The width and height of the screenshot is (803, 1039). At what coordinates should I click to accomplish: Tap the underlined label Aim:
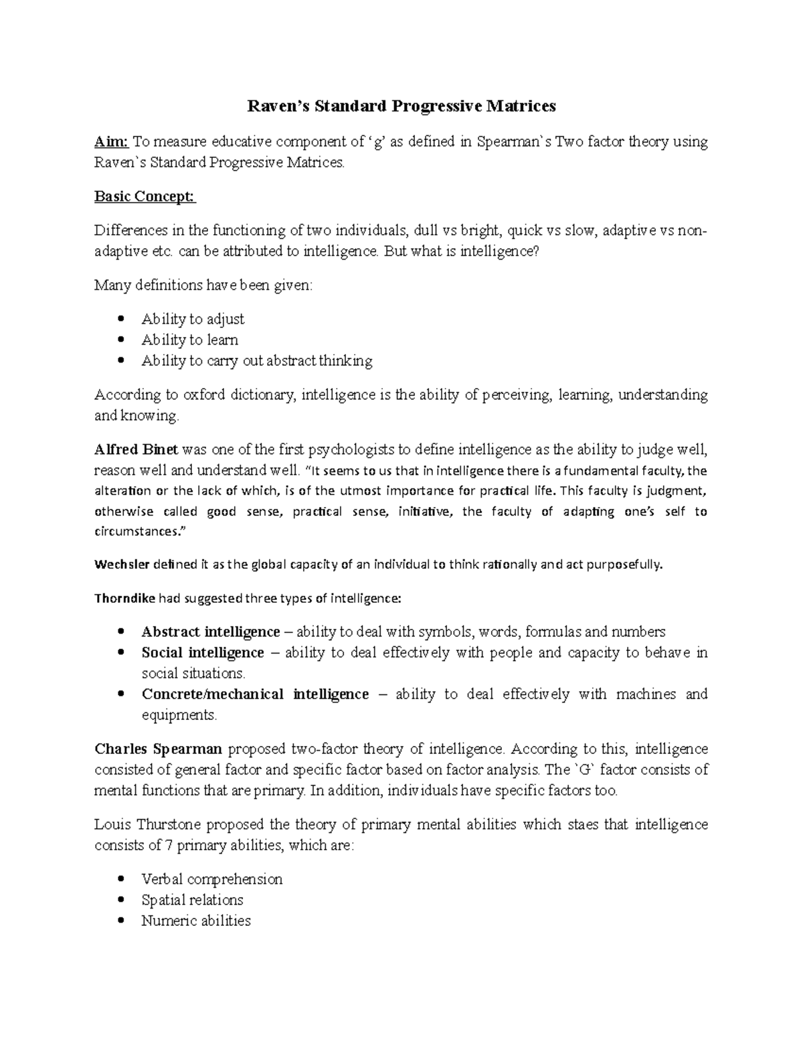(x=111, y=142)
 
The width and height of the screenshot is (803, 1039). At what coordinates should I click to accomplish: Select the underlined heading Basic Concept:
(x=145, y=197)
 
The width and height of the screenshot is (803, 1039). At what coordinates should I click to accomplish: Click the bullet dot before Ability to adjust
(x=121, y=318)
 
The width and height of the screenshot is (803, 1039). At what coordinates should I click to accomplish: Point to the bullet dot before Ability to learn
(x=121, y=339)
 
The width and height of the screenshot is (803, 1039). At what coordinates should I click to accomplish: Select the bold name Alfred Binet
(x=137, y=450)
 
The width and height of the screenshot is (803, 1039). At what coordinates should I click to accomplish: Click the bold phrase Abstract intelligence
(x=210, y=632)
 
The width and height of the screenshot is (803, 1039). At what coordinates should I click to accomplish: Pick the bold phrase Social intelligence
(x=203, y=652)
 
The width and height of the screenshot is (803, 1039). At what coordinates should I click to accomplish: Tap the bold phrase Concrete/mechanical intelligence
(x=255, y=694)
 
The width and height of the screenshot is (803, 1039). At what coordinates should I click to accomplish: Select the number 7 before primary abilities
(x=169, y=845)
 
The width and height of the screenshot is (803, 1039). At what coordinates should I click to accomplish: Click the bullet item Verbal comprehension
(x=211, y=879)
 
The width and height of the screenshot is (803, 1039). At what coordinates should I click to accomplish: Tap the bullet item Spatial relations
(x=192, y=900)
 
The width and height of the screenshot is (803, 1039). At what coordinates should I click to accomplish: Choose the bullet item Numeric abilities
(x=196, y=921)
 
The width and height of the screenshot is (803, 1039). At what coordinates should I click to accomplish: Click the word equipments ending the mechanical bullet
(x=179, y=715)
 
